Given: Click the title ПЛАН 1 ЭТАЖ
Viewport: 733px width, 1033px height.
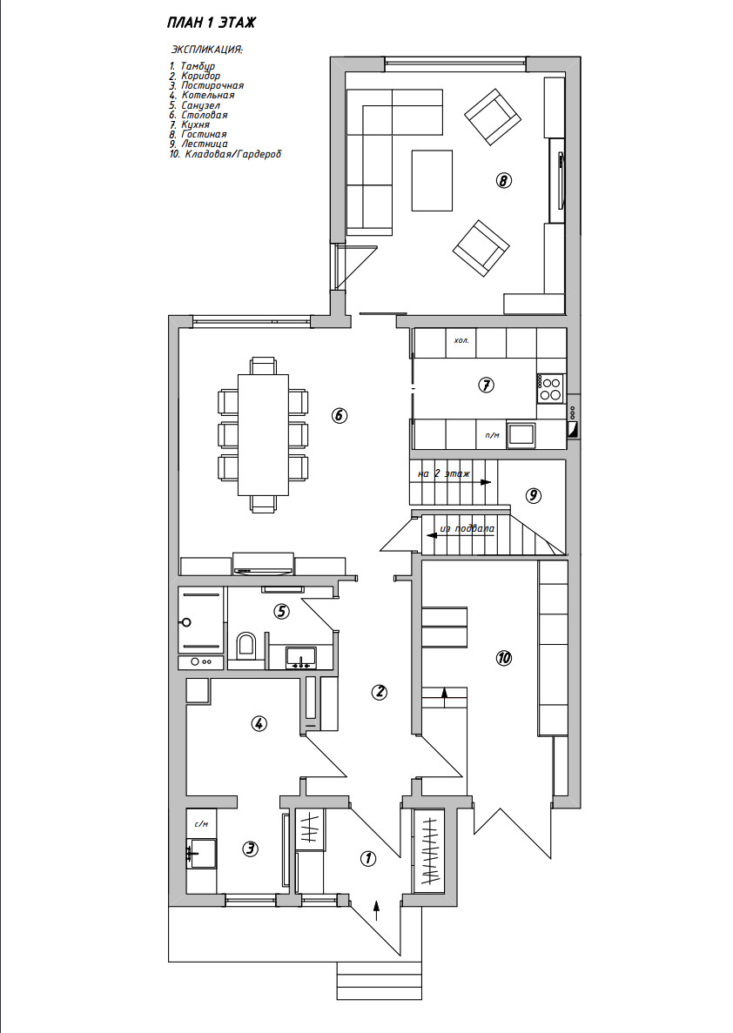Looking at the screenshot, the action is point(211,22).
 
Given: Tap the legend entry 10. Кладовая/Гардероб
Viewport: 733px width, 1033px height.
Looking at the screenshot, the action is point(226,154).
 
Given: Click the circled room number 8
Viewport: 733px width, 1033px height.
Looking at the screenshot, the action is point(503,181).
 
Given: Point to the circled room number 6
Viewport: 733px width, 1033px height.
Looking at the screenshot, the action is point(339,415).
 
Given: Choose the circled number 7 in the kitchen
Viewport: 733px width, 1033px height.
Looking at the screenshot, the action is point(487,384).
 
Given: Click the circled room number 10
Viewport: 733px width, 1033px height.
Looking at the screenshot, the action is point(502,659).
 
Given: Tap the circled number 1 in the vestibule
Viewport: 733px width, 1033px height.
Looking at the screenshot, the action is point(367,858).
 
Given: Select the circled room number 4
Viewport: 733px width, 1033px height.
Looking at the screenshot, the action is point(259,722).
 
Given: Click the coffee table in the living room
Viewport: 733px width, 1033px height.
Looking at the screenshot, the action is point(432,180).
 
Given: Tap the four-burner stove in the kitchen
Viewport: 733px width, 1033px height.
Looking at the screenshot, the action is point(550,388).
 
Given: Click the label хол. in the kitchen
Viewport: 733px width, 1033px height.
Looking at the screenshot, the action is point(461,340).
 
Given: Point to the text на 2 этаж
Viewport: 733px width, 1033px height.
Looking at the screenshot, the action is point(444,474).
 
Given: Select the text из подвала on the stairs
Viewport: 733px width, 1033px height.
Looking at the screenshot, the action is point(467,528).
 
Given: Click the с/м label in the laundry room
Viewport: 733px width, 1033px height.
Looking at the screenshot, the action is point(200,823).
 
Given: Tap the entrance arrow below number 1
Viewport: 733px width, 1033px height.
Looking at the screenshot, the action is point(376,909).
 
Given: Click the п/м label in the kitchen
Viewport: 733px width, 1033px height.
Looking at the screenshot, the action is point(492,435).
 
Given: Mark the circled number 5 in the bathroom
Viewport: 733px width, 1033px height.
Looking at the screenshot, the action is point(281,611).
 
